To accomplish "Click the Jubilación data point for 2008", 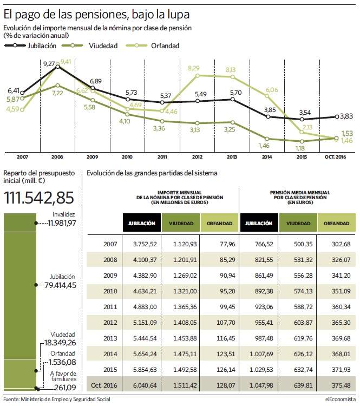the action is pyautogui.click(x=58, y=67).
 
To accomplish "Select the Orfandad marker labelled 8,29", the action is pyautogui.click(x=198, y=76).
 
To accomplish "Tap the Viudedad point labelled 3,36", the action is pyautogui.click(x=162, y=121).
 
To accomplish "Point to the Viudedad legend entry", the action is pyautogui.click(x=90, y=45).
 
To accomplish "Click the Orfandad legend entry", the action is pyautogui.click(x=153, y=45).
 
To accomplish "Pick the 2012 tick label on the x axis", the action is pyautogui.click(x=197, y=157).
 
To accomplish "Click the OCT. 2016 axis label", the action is pyautogui.click(x=336, y=157).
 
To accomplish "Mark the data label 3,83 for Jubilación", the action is pyautogui.click(x=346, y=116).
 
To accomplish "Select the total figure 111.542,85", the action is pyautogui.click(x=39, y=198).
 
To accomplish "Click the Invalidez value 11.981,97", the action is pyautogui.click(x=62, y=223).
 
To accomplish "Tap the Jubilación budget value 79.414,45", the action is pyautogui.click(x=60, y=285).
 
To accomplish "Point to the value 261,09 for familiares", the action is pyautogui.click(x=65, y=388).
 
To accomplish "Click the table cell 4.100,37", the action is pyautogui.click(x=145, y=260).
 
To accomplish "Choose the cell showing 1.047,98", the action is pyautogui.click(x=261, y=385).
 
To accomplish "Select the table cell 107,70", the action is pyautogui.click(x=226, y=323).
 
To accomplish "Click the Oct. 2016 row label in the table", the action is pyautogui.click(x=104, y=385).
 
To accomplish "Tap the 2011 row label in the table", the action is pyautogui.click(x=110, y=307).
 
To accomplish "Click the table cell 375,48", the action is pyautogui.click(x=341, y=385).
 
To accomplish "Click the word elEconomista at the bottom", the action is pyautogui.click(x=341, y=400).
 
